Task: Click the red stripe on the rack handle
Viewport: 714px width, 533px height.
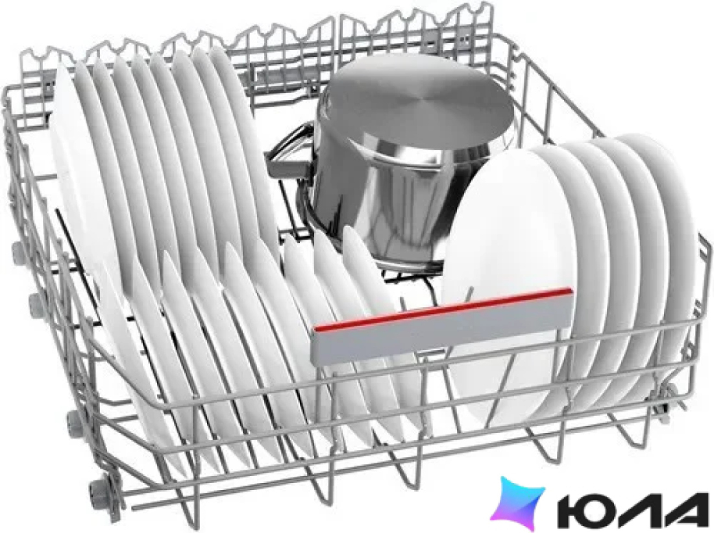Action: pyautogui.click(x=441, y=309)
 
